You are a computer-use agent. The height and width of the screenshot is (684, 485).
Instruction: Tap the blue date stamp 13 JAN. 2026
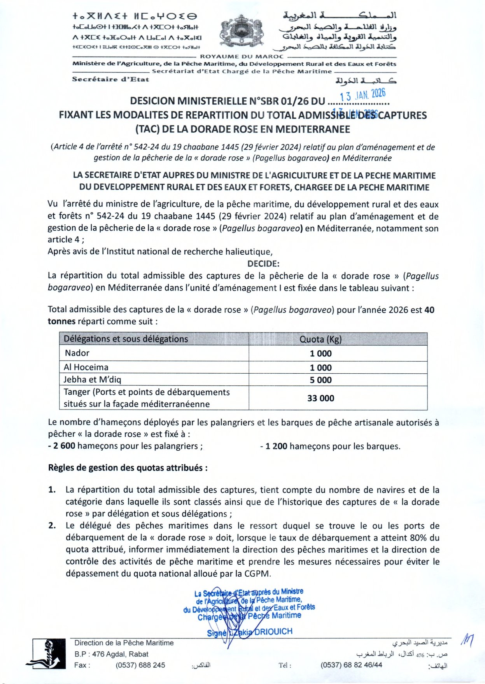[x=362, y=94]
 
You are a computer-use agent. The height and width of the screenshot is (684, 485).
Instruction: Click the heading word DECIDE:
[x=263, y=264]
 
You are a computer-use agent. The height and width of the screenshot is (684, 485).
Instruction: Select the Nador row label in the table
[x=77, y=353]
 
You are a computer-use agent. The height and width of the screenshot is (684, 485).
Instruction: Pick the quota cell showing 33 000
[x=320, y=398]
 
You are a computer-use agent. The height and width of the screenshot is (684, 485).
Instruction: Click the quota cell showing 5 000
[x=320, y=380]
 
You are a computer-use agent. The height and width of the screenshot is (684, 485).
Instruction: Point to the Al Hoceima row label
[x=86, y=367]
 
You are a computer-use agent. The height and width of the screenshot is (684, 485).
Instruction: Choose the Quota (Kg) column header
[x=320, y=339]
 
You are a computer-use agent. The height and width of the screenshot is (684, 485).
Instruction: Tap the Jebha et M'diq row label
[x=92, y=380]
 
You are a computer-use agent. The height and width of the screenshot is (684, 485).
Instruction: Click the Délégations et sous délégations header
[x=126, y=339]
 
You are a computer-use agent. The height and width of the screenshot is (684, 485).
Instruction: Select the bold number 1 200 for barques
[x=276, y=446]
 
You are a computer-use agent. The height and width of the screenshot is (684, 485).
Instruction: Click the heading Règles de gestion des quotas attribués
[x=128, y=468]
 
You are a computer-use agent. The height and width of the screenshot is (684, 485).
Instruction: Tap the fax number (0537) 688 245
[x=140, y=665]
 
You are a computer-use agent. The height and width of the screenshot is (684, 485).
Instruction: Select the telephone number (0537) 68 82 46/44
[x=351, y=665]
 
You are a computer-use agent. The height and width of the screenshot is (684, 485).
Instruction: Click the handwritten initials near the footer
[x=466, y=640]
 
